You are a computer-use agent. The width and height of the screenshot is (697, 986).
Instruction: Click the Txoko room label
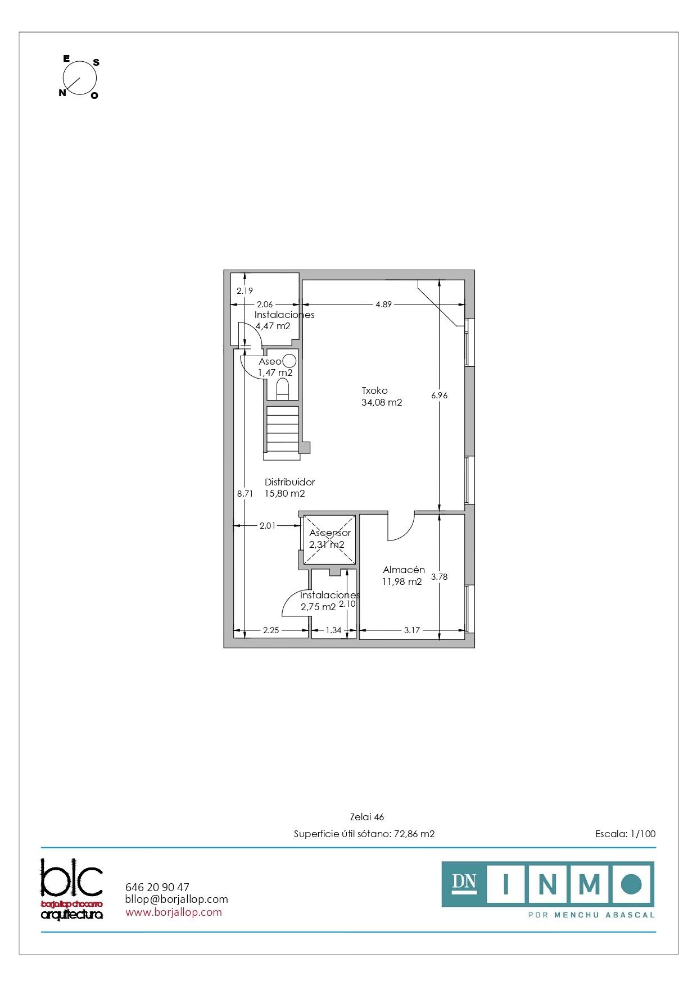click(375, 390)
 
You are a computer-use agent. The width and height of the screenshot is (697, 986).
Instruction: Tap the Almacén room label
click(404, 570)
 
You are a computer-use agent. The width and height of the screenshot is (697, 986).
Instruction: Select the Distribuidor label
click(289, 482)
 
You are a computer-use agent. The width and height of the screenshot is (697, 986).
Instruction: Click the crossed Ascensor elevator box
click(329, 539)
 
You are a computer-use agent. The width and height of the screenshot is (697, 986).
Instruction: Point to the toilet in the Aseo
click(283, 389)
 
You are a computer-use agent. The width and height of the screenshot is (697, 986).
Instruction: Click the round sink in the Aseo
click(289, 361)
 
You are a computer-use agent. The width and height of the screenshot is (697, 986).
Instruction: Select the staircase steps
click(282, 429)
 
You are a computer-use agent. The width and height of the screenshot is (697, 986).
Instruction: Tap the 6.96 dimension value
click(440, 396)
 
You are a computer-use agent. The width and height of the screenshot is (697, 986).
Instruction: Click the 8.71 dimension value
click(245, 494)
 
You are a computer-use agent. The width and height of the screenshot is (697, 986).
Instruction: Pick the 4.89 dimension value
click(384, 305)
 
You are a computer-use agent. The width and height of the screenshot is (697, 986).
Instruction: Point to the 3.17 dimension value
click(412, 630)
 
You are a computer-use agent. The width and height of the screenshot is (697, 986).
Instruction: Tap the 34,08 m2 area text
click(382, 402)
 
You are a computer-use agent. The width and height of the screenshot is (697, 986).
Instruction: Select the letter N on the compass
click(62, 93)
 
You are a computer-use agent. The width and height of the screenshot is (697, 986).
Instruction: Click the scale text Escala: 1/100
click(625, 834)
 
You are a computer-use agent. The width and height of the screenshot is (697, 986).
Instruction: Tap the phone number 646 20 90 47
click(157, 887)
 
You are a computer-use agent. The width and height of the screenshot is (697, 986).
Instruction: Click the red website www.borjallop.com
click(174, 912)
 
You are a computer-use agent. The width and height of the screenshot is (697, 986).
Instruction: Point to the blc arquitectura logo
click(72, 888)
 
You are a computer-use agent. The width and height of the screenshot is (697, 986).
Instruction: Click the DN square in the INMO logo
click(464, 884)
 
